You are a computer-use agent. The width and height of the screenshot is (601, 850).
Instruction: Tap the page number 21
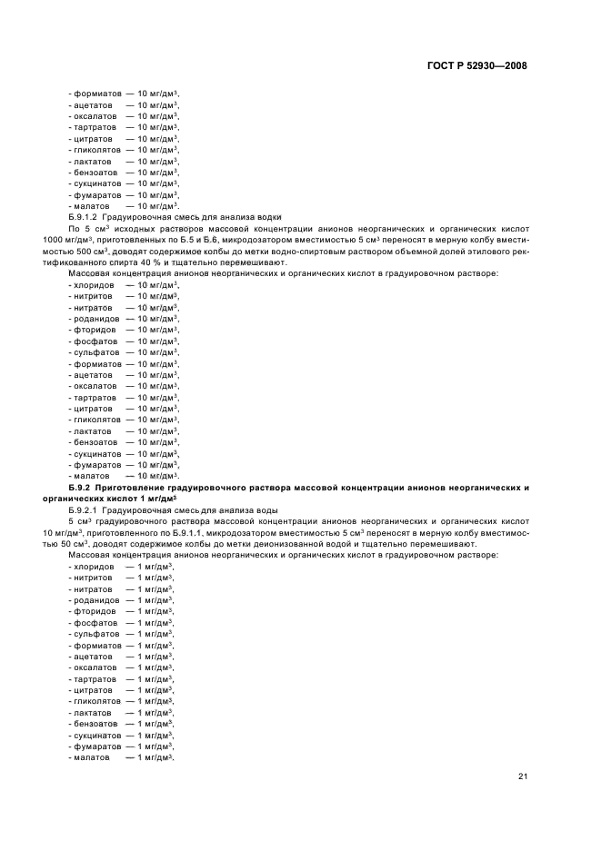tap(523, 776)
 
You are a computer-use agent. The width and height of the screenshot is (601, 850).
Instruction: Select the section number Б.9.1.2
tap(86, 217)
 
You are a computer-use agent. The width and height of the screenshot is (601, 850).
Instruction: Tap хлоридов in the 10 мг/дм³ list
tap(94, 285)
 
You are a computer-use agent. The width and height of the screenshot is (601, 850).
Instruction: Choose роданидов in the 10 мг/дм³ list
tap(95, 319)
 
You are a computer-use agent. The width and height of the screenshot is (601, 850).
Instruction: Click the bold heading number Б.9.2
tap(86, 488)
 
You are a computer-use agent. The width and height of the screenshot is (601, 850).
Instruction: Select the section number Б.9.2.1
tap(86, 510)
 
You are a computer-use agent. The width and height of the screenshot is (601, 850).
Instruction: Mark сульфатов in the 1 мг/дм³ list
tap(95, 634)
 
